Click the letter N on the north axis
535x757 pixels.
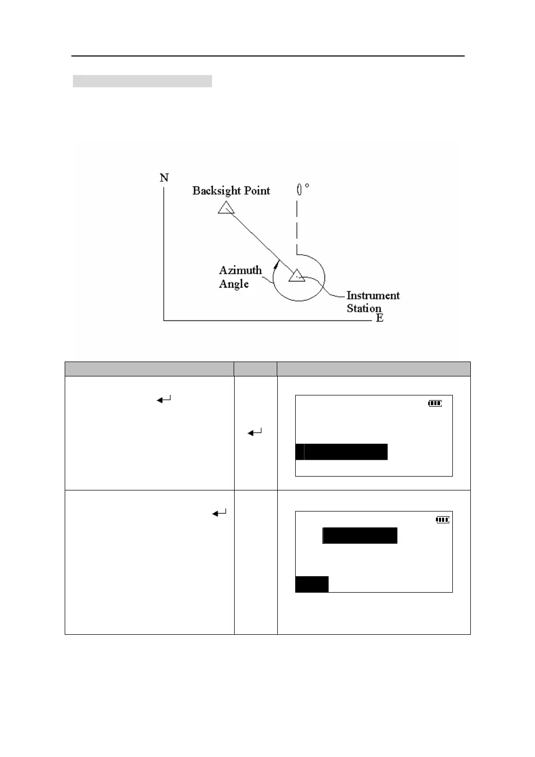[x=164, y=178]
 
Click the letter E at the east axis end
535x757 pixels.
[x=379, y=318]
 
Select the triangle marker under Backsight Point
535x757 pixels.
[x=226, y=208]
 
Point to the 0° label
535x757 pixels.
[x=302, y=190]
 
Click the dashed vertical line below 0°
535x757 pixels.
[x=297, y=226]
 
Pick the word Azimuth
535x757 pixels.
[x=240, y=271]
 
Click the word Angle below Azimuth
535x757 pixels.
[x=234, y=284]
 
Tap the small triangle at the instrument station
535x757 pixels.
[x=296, y=276]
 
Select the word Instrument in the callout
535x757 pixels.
[x=373, y=296]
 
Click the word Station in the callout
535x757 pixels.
[x=364, y=308]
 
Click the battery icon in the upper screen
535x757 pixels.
[x=435, y=404]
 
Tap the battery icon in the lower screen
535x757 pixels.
[x=442, y=520]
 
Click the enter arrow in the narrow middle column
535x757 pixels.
[x=255, y=433]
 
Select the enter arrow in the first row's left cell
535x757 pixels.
[x=164, y=399]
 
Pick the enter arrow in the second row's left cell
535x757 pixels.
[x=219, y=513]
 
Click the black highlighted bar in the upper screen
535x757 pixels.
[x=341, y=452]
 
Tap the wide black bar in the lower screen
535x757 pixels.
[x=360, y=535]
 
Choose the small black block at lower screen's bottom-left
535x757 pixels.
[x=312, y=584]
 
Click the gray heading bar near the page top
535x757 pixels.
[x=142, y=81]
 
